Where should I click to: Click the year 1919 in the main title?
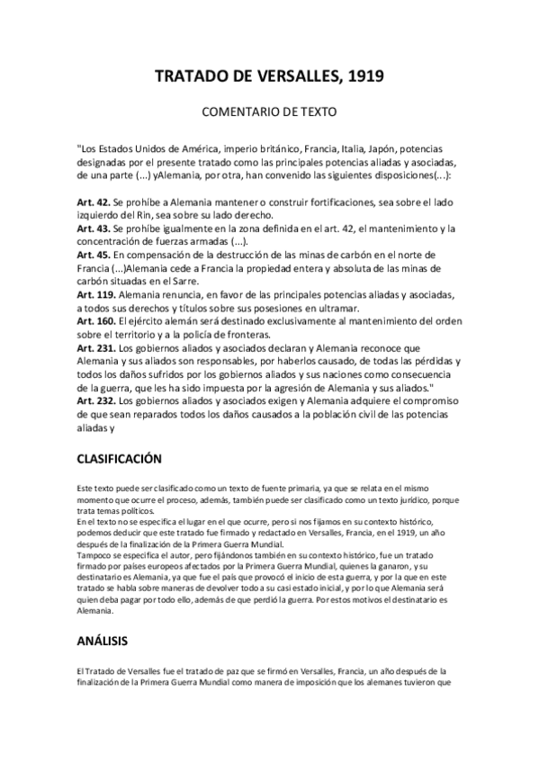click(x=361, y=77)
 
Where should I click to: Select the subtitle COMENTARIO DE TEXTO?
click(x=269, y=114)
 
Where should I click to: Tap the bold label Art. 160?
click(x=97, y=321)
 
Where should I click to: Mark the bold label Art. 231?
click(x=97, y=346)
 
